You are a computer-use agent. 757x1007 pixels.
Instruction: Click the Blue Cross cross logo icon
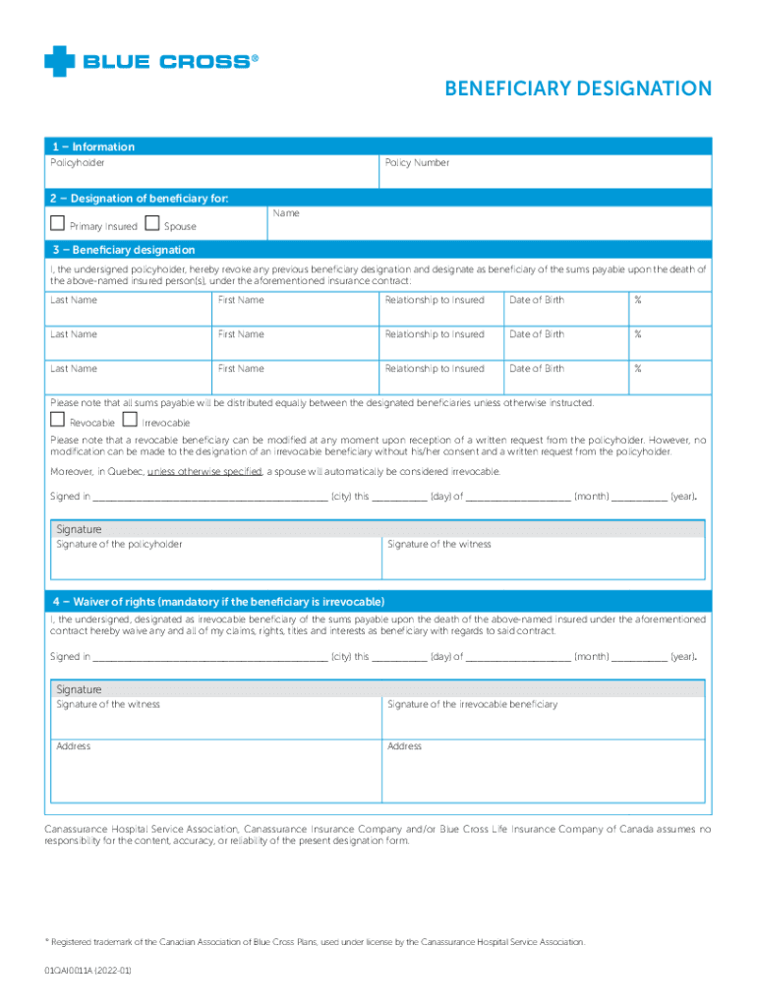pos(59,61)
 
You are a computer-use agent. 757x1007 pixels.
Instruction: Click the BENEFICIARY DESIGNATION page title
pos(578,89)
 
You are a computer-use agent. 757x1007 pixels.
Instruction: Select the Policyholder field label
pos(78,162)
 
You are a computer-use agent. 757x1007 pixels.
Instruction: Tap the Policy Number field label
pos(417,162)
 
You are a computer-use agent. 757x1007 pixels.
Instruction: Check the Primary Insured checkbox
pos(58,224)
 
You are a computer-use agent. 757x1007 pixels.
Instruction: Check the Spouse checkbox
pos(152,224)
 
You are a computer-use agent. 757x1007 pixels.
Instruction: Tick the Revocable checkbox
pos(58,421)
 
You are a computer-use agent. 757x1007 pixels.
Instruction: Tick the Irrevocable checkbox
pos(131,421)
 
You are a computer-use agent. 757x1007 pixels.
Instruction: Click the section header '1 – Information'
pos(93,147)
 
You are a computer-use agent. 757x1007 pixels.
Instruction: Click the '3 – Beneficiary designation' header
pos(124,250)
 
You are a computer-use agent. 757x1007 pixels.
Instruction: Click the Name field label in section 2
pos(286,213)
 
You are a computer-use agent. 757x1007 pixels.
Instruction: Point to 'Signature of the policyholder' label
pos(119,544)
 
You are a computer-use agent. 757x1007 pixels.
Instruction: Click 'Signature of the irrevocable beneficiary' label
pos(472,704)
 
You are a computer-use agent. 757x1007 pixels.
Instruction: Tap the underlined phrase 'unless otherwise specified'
pos(204,472)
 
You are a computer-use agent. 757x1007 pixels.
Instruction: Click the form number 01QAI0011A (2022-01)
pos(87,970)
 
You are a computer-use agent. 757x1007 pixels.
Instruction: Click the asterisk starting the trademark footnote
pos(46,941)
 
